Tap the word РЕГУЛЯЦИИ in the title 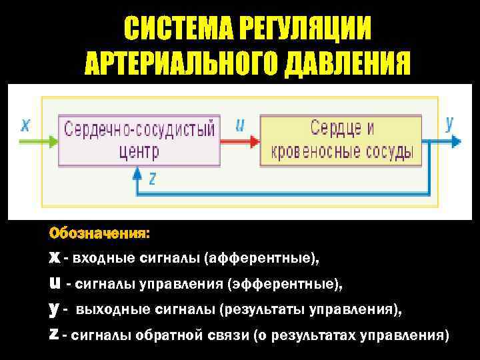tap(303, 29)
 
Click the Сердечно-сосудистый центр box tap(139, 140)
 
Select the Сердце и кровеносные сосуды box tap(341, 140)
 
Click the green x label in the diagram tap(25, 125)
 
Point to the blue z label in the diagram tap(152, 178)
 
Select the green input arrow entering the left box tap(40, 141)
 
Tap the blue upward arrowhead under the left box tap(137, 172)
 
